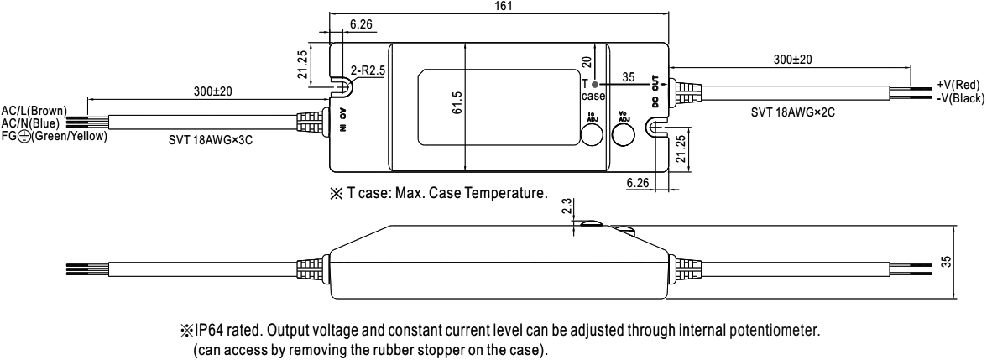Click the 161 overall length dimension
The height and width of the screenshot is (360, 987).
(500, 6)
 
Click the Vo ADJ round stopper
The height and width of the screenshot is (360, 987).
(624, 133)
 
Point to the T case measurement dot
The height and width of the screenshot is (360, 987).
(594, 85)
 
